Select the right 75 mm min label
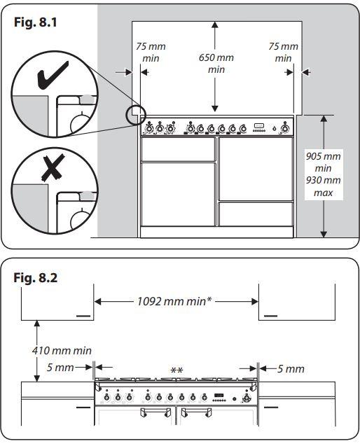(x=283, y=53)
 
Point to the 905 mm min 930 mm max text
(x=324, y=174)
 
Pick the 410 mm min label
(x=63, y=350)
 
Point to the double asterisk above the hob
(x=176, y=369)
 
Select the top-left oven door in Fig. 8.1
(x=178, y=148)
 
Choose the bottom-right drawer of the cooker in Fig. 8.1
(x=256, y=214)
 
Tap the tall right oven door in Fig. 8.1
(x=256, y=168)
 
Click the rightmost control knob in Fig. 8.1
(x=284, y=128)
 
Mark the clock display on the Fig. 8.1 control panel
(x=259, y=127)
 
